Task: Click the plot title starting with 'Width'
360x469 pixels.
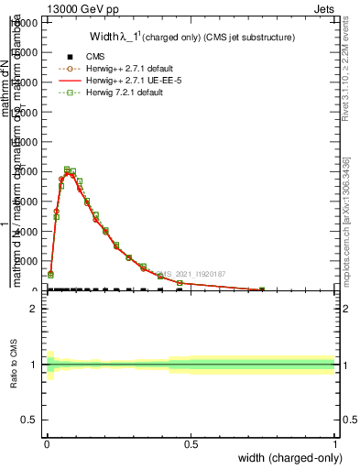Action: (191, 38)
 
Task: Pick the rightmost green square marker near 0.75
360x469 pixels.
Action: (262, 289)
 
